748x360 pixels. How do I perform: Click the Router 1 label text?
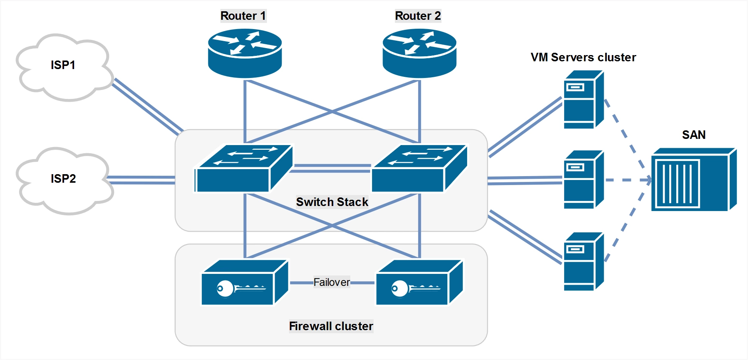(x=243, y=16)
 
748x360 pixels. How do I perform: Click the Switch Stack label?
(x=332, y=202)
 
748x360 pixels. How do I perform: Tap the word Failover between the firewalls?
(x=332, y=282)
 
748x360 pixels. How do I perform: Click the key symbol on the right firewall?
(x=415, y=288)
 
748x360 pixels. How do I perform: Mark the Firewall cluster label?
(x=331, y=326)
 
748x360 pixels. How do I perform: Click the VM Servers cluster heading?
(x=583, y=57)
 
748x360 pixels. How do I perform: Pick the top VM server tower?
(x=583, y=100)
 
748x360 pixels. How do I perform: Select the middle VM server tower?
(x=583, y=180)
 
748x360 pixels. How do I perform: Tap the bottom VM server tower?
(x=583, y=261)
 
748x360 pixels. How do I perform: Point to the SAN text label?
(x=694, y=135)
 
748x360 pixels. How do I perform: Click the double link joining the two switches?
(x=332, y=168)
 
